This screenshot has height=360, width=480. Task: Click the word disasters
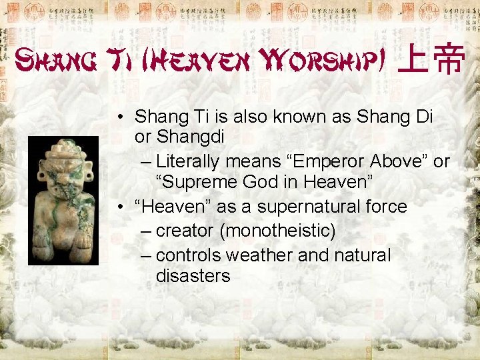point(193,275)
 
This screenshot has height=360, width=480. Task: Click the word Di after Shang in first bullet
point(423,117)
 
